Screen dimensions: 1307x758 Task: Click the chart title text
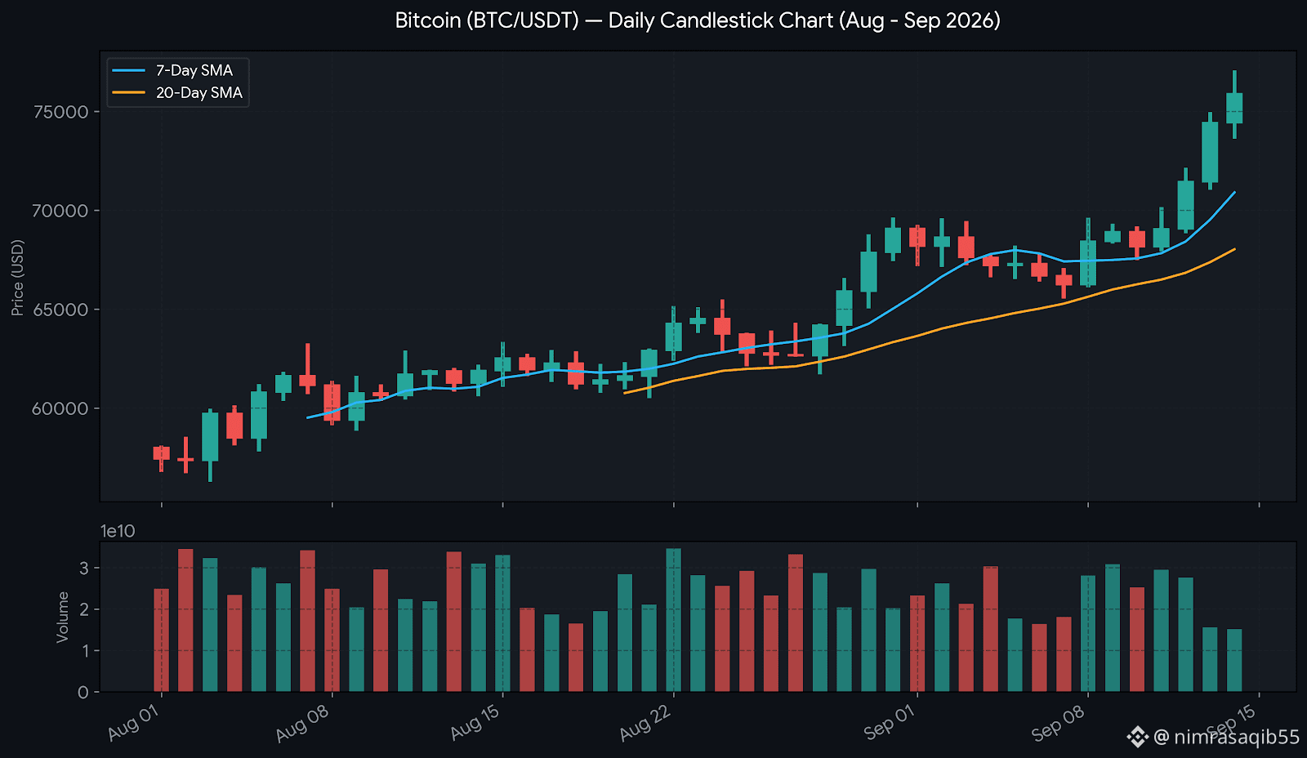click(698, 20)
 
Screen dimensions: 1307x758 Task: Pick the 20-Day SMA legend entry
click(177, 93)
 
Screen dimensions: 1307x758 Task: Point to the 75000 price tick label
click(60, 112)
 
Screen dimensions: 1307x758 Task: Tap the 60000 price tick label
click(60, 408)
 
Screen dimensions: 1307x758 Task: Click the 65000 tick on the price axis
click(60, 310)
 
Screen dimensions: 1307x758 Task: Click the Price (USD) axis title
click(17, 278)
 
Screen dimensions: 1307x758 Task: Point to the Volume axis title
click(62, 618)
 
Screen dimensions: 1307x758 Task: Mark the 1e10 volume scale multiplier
click(118, 531)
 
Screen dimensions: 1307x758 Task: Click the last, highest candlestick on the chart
click(1234, 105)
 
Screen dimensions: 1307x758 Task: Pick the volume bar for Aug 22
click(673, 620)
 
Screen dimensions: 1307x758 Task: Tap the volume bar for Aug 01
click(161, 640)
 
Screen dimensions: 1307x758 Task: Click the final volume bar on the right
click(1234, 660)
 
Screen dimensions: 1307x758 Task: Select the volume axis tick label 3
click(84, 568)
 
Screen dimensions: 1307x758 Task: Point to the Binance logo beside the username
click(1137, 737)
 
